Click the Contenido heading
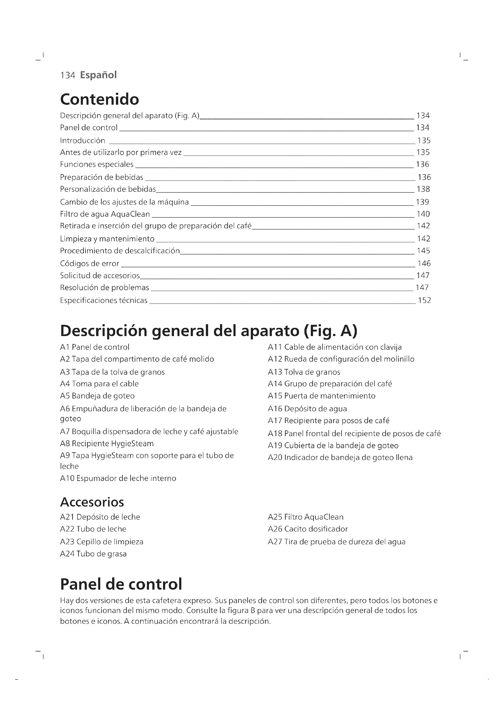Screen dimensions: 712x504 [99, 99]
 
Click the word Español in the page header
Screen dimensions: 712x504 [98, 75]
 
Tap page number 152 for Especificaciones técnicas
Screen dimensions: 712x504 [424, 300]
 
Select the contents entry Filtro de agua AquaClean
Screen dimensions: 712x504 [105, 214]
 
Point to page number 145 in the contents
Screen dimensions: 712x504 [423, 251]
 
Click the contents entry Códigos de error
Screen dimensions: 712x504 [89, 264]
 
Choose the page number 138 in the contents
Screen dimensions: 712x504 [423, 189]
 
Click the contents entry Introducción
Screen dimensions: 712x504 [83, 140]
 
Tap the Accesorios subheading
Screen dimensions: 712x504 [92, 502]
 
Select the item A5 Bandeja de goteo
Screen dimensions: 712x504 [97, 396]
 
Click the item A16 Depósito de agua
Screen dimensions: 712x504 [307, 409]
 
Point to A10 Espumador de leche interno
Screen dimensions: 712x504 [118, 479]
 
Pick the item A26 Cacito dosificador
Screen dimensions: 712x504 [307, 529]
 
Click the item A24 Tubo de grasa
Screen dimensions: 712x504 [93, 554]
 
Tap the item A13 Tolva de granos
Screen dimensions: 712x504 [304, 372]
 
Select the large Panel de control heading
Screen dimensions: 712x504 [121, 584]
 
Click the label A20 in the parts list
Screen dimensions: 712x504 [275, 458]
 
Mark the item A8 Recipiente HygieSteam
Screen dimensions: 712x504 [107, 444]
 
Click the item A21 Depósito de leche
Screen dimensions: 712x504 [100, 517]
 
